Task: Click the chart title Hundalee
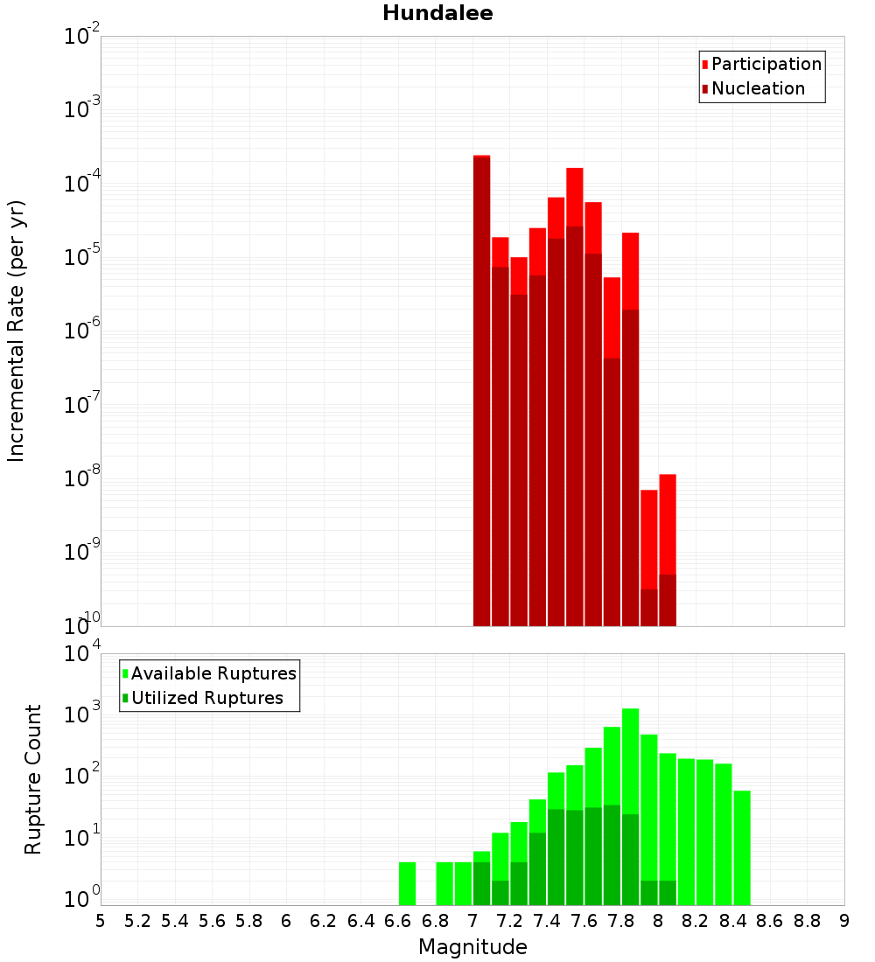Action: pos(437,13)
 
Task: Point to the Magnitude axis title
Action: pos(472,947)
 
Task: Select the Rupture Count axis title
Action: pos(33,778)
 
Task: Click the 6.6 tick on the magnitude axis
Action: pos(398,921)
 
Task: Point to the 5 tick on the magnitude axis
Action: pos(101,921)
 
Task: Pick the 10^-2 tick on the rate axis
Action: pos(82,37)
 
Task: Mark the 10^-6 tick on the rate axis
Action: pos(82,331)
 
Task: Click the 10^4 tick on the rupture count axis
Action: pos(82,654)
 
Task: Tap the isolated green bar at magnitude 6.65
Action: pos(407,883)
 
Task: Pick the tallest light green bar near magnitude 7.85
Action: pos(630,761)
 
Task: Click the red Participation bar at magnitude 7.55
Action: pos(575,196)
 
